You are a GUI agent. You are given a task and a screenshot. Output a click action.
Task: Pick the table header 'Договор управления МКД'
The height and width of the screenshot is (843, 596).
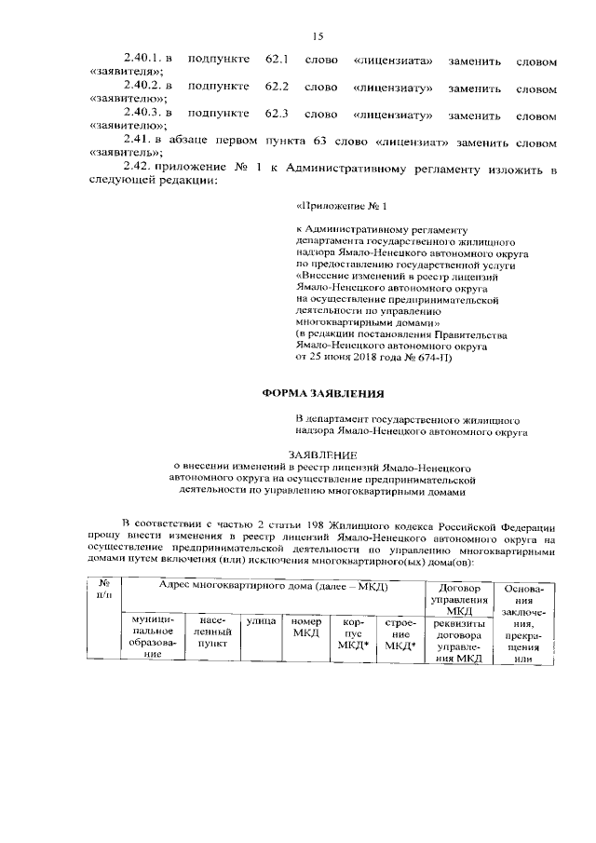pyautogui.click(x=459, y=596)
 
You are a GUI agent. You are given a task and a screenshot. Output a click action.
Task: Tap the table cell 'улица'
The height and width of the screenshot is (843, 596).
pyautogui.click(x=257, y=620)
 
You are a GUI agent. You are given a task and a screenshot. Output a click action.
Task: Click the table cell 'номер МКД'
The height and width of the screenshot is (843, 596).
pyautogui.click(x=305, y=626)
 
